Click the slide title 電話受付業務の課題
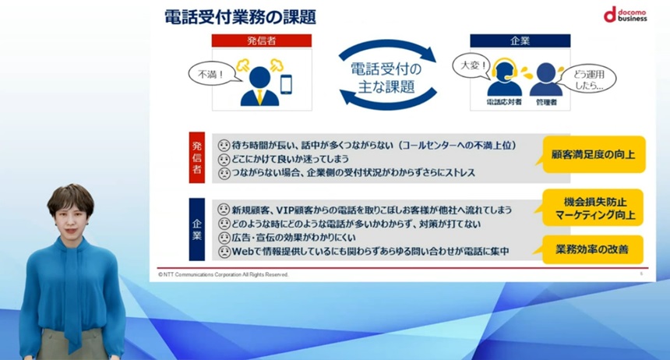pos(240,17)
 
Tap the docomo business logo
pos(625,14)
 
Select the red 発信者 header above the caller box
pos(262,41)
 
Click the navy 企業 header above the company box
pos(520,41)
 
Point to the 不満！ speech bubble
pos(211,74)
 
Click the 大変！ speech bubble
pos(471,66)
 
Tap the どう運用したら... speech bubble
pos(590,79)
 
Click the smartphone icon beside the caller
pos(286,84)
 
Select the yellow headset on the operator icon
pos(505,69)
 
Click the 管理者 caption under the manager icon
pos(546,102)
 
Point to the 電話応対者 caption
pos(504,102)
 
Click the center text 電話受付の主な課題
pos(386,77)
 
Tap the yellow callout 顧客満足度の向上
pos(593,154)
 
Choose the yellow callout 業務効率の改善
pos(592,249)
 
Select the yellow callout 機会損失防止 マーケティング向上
pos(592,208)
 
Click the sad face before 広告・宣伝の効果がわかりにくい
pos(224,238)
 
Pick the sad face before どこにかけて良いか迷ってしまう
pos(224,160)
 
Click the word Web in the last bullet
pos(242,252)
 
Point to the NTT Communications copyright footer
pos(223,274)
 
